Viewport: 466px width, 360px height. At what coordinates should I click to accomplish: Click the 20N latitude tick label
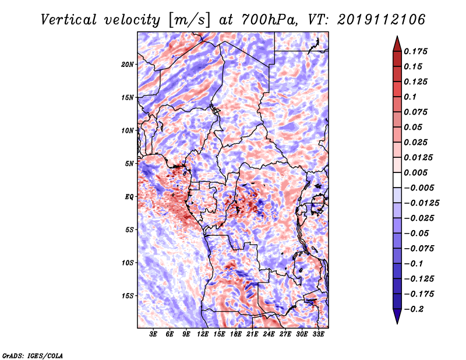[x=128, y=65]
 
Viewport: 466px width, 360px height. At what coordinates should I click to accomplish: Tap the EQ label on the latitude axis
[x=129, y=197]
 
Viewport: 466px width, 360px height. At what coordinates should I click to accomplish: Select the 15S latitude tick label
[x=128, y=296]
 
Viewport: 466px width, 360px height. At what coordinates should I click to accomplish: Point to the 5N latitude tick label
[x=129, y=164]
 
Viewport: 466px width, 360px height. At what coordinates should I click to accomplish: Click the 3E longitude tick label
[x=153, y=334]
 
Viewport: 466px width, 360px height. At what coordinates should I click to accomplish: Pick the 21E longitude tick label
[x=252, y=334]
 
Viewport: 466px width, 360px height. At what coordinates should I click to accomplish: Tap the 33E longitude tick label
[x=318, y=334]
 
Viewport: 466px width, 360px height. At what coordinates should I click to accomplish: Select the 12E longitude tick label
[x=203, y=334]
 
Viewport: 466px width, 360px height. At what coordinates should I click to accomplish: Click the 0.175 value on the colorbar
[x=416, y=51]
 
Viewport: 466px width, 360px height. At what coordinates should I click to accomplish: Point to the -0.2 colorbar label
[x=414, y=309]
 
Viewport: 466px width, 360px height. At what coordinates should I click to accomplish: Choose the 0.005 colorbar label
[x=416, y=172]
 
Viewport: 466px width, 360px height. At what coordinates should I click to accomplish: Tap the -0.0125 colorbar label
[x=422, y=203]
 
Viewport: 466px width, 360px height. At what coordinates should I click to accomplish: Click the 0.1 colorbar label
[x=410, y=97]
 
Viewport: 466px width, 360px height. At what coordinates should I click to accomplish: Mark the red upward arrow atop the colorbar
[x=397, y=44]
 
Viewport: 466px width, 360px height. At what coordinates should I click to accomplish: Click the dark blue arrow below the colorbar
[x=397, y=316]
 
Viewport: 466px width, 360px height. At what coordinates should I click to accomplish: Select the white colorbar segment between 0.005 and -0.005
[x=397, y=180]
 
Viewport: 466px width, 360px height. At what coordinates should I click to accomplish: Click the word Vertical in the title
[x=69, y=20]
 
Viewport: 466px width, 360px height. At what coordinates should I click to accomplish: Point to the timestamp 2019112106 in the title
[x=381, y=20]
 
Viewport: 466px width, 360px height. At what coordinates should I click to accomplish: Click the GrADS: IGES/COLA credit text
[x=32, y=356]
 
